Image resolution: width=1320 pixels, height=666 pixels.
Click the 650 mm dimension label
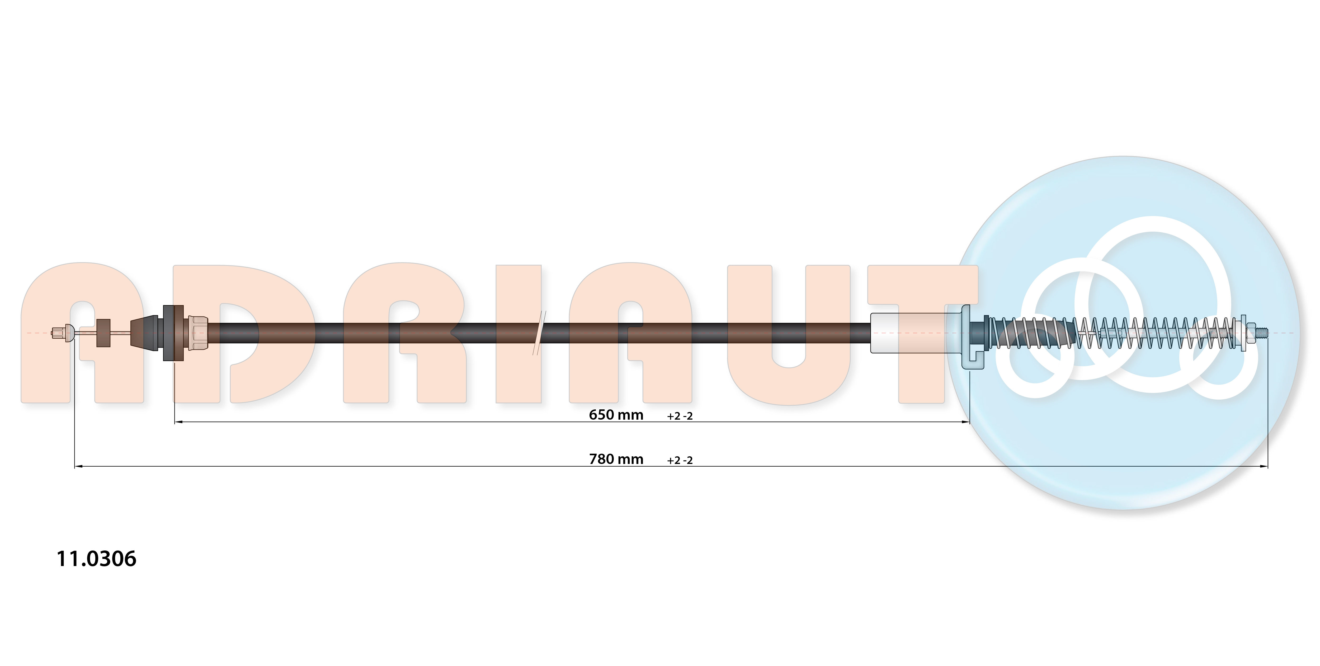click(x=616, y=415)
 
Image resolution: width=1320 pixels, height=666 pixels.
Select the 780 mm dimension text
click(x=616, y=459)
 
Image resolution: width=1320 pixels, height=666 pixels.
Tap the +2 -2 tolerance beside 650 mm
click(x=680, y=416)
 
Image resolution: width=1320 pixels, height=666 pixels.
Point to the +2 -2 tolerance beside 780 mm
click(x=680, y=460)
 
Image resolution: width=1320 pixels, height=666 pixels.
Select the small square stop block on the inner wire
click(x=103, y=333)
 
